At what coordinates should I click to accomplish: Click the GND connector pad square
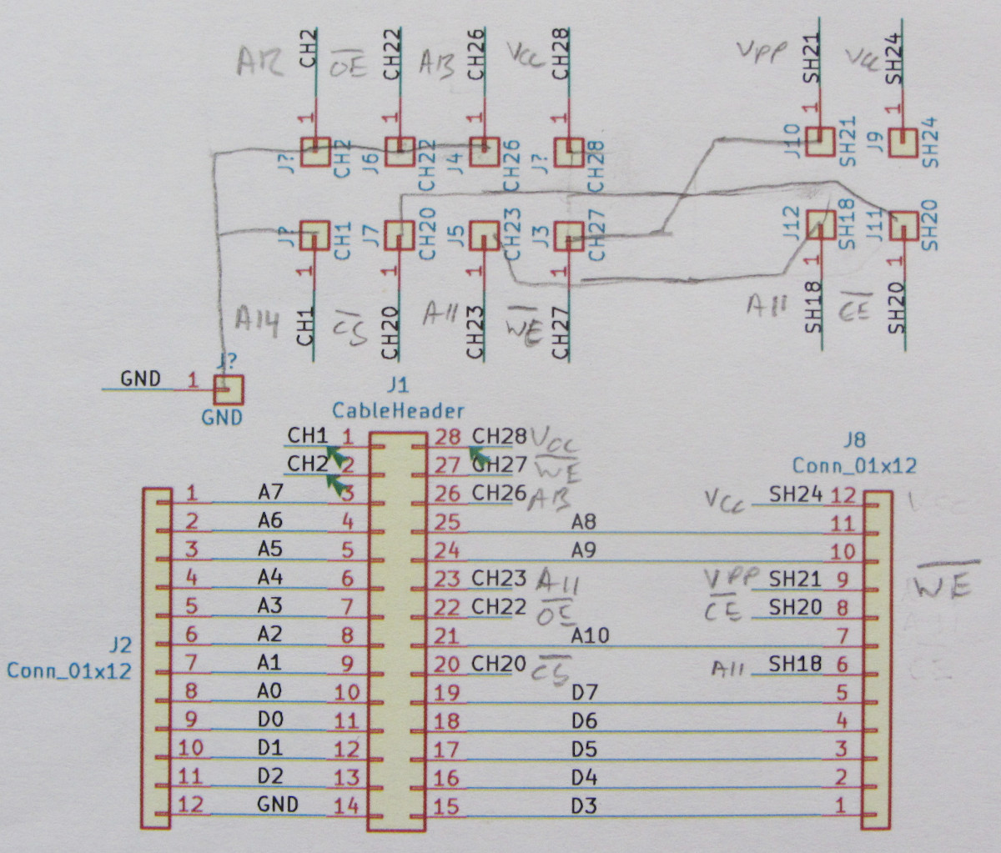pyautogui.click(x=228, y=389)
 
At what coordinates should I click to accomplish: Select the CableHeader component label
pyautogui.click(x=398, y=410)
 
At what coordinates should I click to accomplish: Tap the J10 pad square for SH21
pyautogui.click(x=820, y=142)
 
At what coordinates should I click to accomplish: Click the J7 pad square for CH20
pyautogui.click(x=400, y=235)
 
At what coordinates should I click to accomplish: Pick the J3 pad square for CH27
pyautogui.click(x=569, y=235)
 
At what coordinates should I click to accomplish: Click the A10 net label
pyautogui.click(x=591, y=635)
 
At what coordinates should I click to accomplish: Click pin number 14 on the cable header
pyautogui.click(x=346, y=805)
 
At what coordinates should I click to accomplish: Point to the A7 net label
pyautogui.click(x=270, y=493)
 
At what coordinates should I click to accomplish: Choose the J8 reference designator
pyautogui.click(x=853, y=440)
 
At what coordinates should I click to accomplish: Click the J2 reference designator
pyautogui.click(x=121, y=645)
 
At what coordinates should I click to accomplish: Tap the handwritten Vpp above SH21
pyautogui.click(x=762, y=52)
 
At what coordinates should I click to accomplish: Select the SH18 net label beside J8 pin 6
pyautogui.click(x=796, y=664)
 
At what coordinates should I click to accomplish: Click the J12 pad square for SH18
pyautogui.click(x=821, y=224)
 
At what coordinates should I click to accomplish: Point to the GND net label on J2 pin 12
pyautogui.click(x=278, y=805)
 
